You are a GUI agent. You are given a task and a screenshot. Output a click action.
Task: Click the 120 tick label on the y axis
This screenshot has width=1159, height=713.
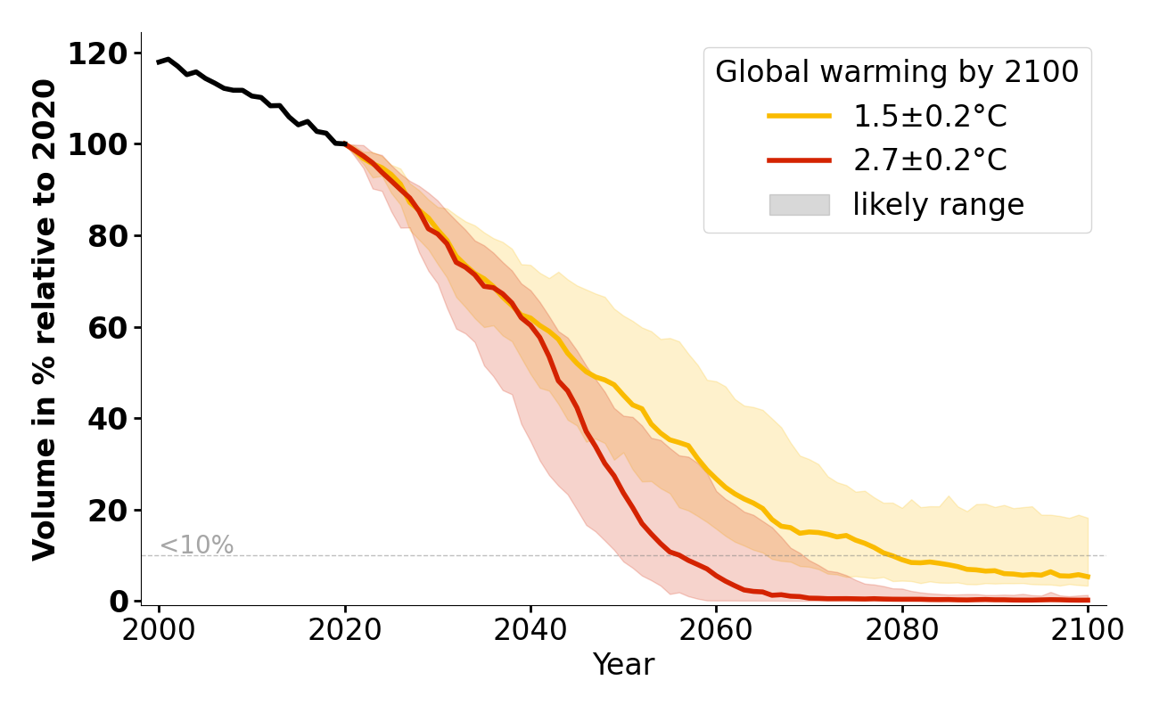[x=97, y=53]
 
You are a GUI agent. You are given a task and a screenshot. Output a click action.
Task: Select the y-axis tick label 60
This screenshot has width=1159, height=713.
[x=108, y=327]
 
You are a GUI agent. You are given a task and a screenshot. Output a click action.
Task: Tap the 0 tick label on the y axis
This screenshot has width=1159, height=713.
[x=119, y=602]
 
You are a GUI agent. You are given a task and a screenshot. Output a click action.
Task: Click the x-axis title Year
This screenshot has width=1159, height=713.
[x=623, y=665]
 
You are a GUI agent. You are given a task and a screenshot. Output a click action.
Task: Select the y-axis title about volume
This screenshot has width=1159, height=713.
[x=45, y=319]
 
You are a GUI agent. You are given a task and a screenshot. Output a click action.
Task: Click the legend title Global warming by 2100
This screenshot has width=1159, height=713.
[x=897, y=72]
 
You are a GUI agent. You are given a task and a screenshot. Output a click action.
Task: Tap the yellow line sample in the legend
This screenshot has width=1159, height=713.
[x=799, y=116]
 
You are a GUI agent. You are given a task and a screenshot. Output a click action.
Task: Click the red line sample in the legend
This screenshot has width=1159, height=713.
[x=799, y=160]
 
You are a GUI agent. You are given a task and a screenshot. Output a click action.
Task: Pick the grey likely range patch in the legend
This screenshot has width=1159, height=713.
[x=799, y=205]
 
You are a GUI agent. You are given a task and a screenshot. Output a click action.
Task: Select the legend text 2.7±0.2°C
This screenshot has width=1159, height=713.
[x=930, y=160]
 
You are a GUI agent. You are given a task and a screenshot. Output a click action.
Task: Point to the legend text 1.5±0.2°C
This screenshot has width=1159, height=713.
[x=930, y=116]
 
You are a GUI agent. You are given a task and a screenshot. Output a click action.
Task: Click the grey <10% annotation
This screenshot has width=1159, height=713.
[x=196, y=545]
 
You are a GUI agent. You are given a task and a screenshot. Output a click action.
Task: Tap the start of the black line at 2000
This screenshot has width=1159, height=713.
[x=160, y=62]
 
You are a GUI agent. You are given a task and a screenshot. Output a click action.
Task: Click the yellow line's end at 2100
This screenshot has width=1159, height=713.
[x=1088, y=577]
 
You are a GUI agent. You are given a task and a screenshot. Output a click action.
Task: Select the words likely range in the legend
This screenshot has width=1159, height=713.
[x=938, y=205]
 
